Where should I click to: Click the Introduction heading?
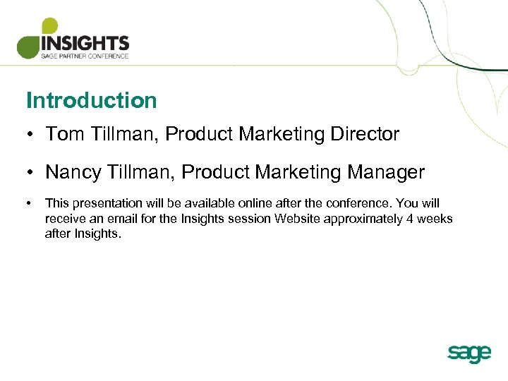coord(91,100)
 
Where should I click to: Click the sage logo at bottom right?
coord(468,353)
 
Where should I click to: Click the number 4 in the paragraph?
coord(409,219)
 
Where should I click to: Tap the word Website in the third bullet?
coord(297,219)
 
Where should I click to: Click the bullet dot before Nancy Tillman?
coord(30,173)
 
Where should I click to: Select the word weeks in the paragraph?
coord(435,219)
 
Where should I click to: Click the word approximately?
coord(363,219)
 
